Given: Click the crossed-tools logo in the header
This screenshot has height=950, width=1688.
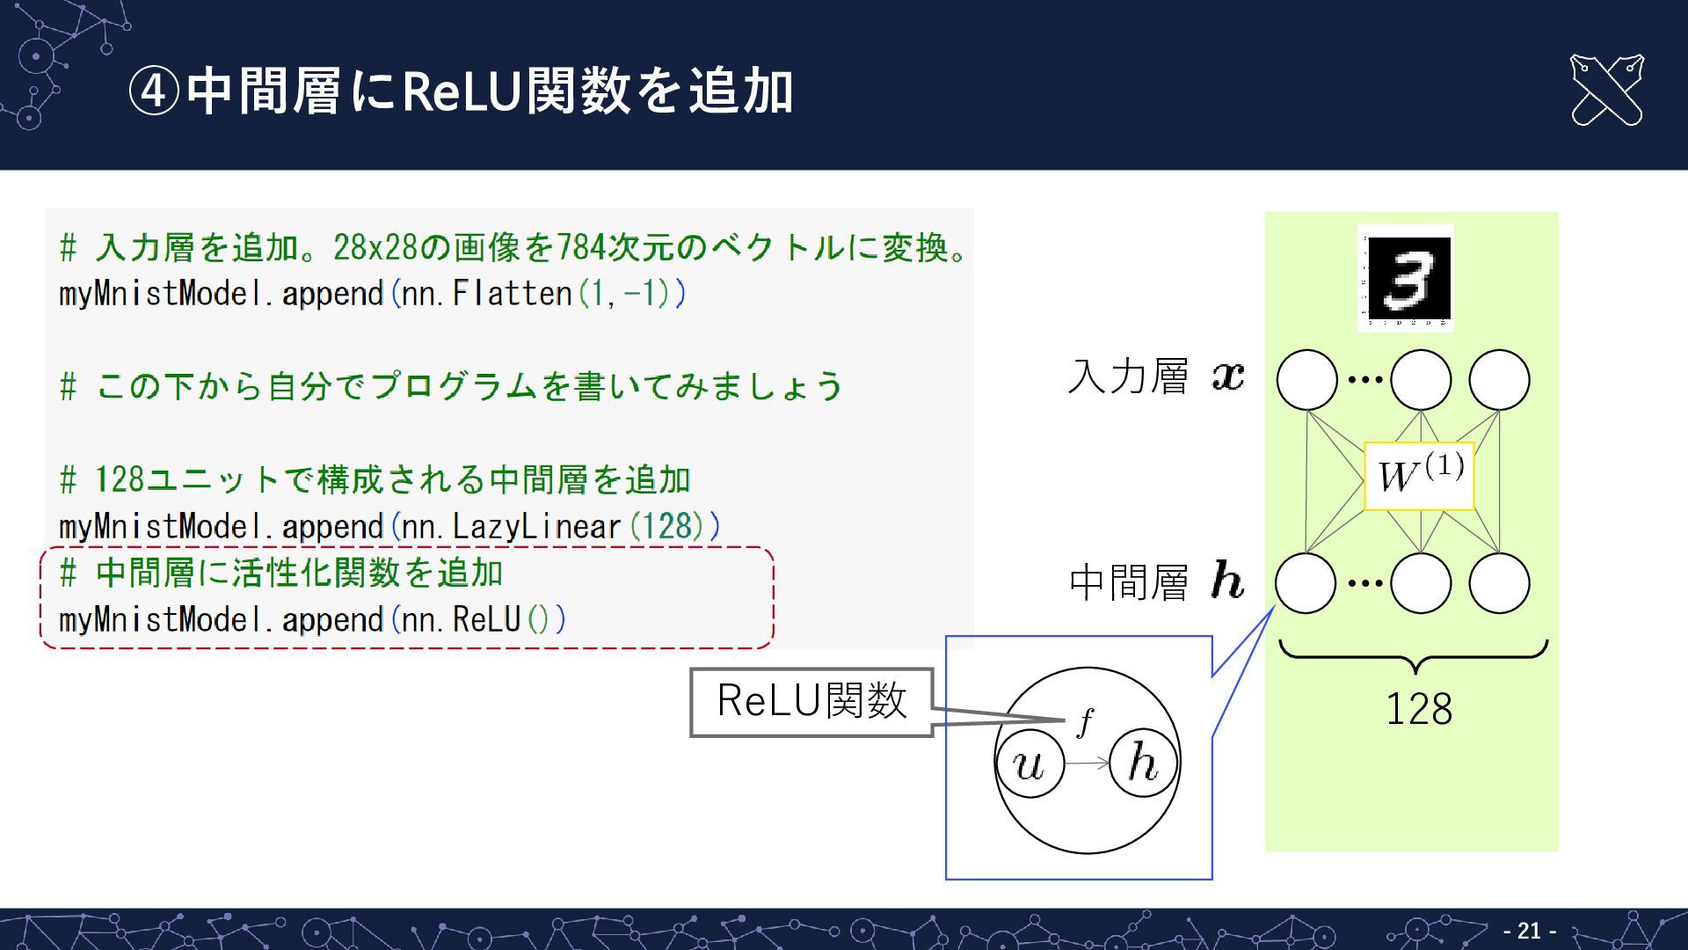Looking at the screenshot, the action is pos(1606,90).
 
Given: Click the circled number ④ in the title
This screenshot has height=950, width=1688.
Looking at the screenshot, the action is pos(154,91).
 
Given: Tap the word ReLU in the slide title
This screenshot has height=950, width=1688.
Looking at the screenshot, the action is pos(462,91).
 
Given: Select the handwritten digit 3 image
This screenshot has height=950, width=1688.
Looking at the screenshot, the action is pos(1405,277).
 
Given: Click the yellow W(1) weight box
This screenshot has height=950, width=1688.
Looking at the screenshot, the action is pos(1419,476).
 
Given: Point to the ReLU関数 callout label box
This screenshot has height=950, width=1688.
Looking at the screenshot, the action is pos(811,702).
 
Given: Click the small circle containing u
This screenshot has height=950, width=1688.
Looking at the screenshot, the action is pos(1029,764).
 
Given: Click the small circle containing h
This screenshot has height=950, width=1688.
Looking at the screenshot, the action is pos(1143,764).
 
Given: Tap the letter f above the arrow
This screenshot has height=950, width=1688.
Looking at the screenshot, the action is pos(1086,721).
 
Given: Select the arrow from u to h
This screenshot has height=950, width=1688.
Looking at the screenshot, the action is pos(1088,764).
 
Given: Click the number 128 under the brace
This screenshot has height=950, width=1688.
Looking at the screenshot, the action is pos(1418,709).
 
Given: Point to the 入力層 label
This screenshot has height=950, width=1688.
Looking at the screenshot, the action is pos(1129,376).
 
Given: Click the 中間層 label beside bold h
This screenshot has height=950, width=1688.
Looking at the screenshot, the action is pos(1129,582).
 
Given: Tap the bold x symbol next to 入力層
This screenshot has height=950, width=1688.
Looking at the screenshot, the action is pos(1228,376).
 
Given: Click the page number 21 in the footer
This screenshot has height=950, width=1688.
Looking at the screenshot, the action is pos(1530,931).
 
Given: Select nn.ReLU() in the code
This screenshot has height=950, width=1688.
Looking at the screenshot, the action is pos(484,620).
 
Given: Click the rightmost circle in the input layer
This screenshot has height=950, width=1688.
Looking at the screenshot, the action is pos(1499,380).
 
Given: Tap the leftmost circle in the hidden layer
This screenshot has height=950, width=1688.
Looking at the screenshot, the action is pos(1306,583).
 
